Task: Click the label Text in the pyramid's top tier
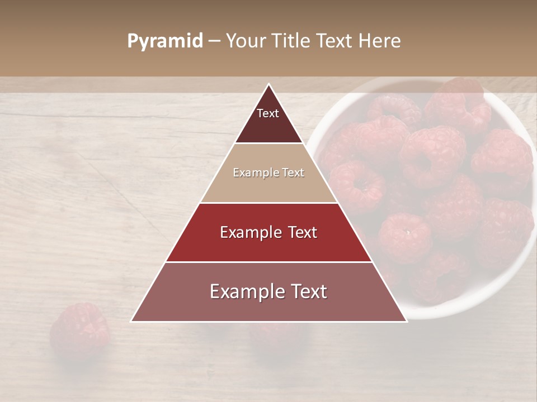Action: pos(268,113)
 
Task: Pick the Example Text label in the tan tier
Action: pos(268,173)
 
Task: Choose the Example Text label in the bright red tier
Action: pos(268,232)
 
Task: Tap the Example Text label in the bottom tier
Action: pos(268,291)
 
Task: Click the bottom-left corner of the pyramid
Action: pos(132,321)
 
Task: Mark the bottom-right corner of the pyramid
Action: pos(406,321)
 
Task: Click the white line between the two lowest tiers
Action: pos(268,262)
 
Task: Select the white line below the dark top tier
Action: pos(268,143)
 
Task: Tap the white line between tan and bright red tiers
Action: pos(268,203)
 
